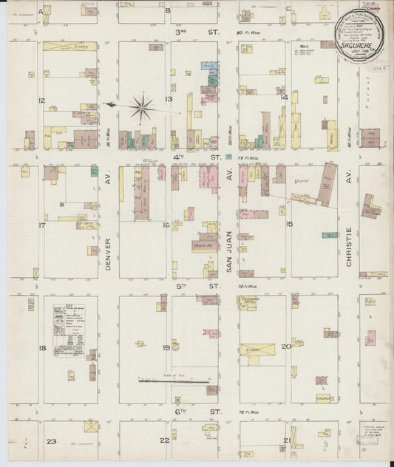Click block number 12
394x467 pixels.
(x=43, y=100)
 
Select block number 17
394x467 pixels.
(x=43, y=225)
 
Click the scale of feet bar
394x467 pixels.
(x=174, y=381)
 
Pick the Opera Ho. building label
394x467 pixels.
(x=203, y=245)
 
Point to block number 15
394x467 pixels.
(x=290, y=224)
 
